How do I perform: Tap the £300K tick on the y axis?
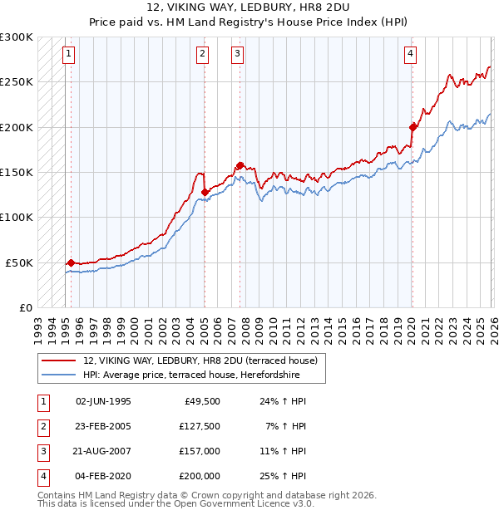click(17, 37)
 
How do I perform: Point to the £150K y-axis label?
click(17, 172)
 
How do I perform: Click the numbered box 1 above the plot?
click(68, 55)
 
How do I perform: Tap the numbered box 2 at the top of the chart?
click(202, 55)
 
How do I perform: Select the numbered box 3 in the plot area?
click(237, 55)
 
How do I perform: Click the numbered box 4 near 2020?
click(410, 55)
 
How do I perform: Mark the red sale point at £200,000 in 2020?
click(413, 127)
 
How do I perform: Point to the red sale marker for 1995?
click(71, 262)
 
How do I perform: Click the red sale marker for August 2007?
click(240, 165)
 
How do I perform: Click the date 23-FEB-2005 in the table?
click(103, 427)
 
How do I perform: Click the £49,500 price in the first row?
click(202, 401)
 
